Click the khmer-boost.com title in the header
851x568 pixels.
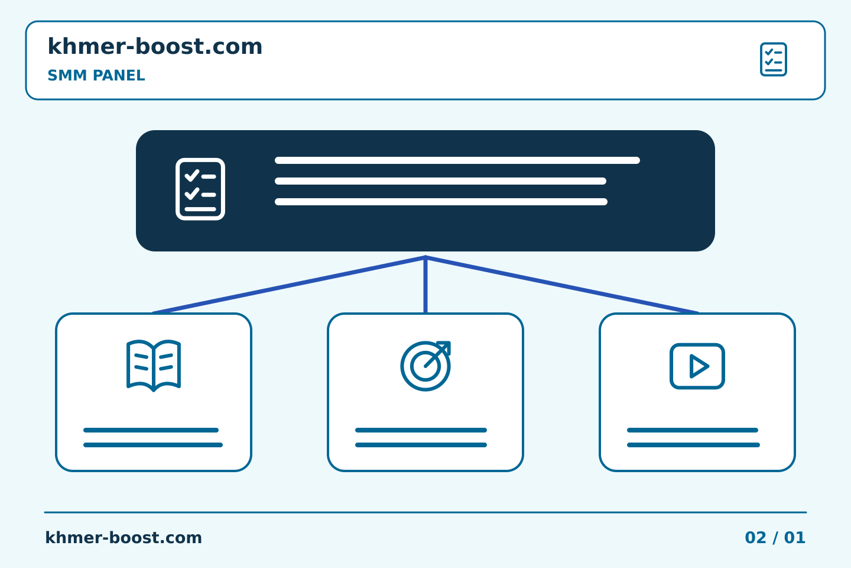coord(155,46)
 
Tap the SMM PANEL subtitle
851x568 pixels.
coord(96,75)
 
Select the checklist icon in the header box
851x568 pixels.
coord(773,59)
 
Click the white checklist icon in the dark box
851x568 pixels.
coord(200,189)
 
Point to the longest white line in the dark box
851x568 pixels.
coord(457,160)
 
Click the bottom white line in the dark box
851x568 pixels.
coord(441,202)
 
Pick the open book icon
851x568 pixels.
coord(154,366)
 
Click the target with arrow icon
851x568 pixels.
coord(425,366)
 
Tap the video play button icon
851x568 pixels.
coord(697,366)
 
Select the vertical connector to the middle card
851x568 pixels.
coord(425,285)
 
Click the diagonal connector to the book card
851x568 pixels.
coord(289,285)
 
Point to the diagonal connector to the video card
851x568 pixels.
coord(562,285)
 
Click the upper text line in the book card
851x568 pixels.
coord(151,430)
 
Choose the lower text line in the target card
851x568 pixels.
coord(421,445)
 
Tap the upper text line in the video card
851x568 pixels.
coord(693,430)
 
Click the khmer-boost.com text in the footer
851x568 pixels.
coord(124,538)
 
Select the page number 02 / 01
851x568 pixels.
coord(775,538)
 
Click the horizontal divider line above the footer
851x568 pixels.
coord(425,512)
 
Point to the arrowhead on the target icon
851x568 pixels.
coord(445,347)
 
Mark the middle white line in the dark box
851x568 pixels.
coord(440,181)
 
